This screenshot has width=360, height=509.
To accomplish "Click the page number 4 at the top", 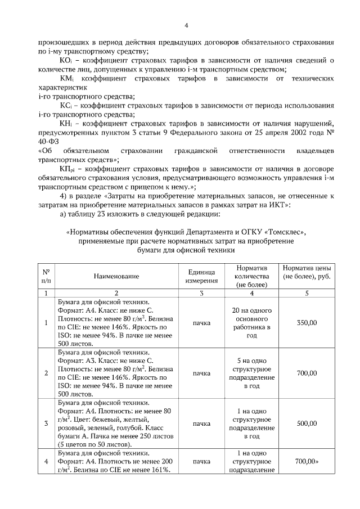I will [186, 25].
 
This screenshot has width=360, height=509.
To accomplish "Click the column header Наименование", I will [116, 276].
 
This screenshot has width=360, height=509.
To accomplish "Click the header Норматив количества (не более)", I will [251, 276].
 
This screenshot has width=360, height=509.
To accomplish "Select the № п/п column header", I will [46, 276].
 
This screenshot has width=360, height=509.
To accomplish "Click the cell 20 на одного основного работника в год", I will [251, 323].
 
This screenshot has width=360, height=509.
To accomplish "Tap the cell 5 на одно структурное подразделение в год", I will [251, 373].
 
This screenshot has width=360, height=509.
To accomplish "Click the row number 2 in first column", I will [46, 373].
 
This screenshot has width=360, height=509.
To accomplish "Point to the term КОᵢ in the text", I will [65, 60].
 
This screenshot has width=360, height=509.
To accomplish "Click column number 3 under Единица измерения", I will [201, 292].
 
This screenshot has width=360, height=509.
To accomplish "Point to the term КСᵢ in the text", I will [64, 106].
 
